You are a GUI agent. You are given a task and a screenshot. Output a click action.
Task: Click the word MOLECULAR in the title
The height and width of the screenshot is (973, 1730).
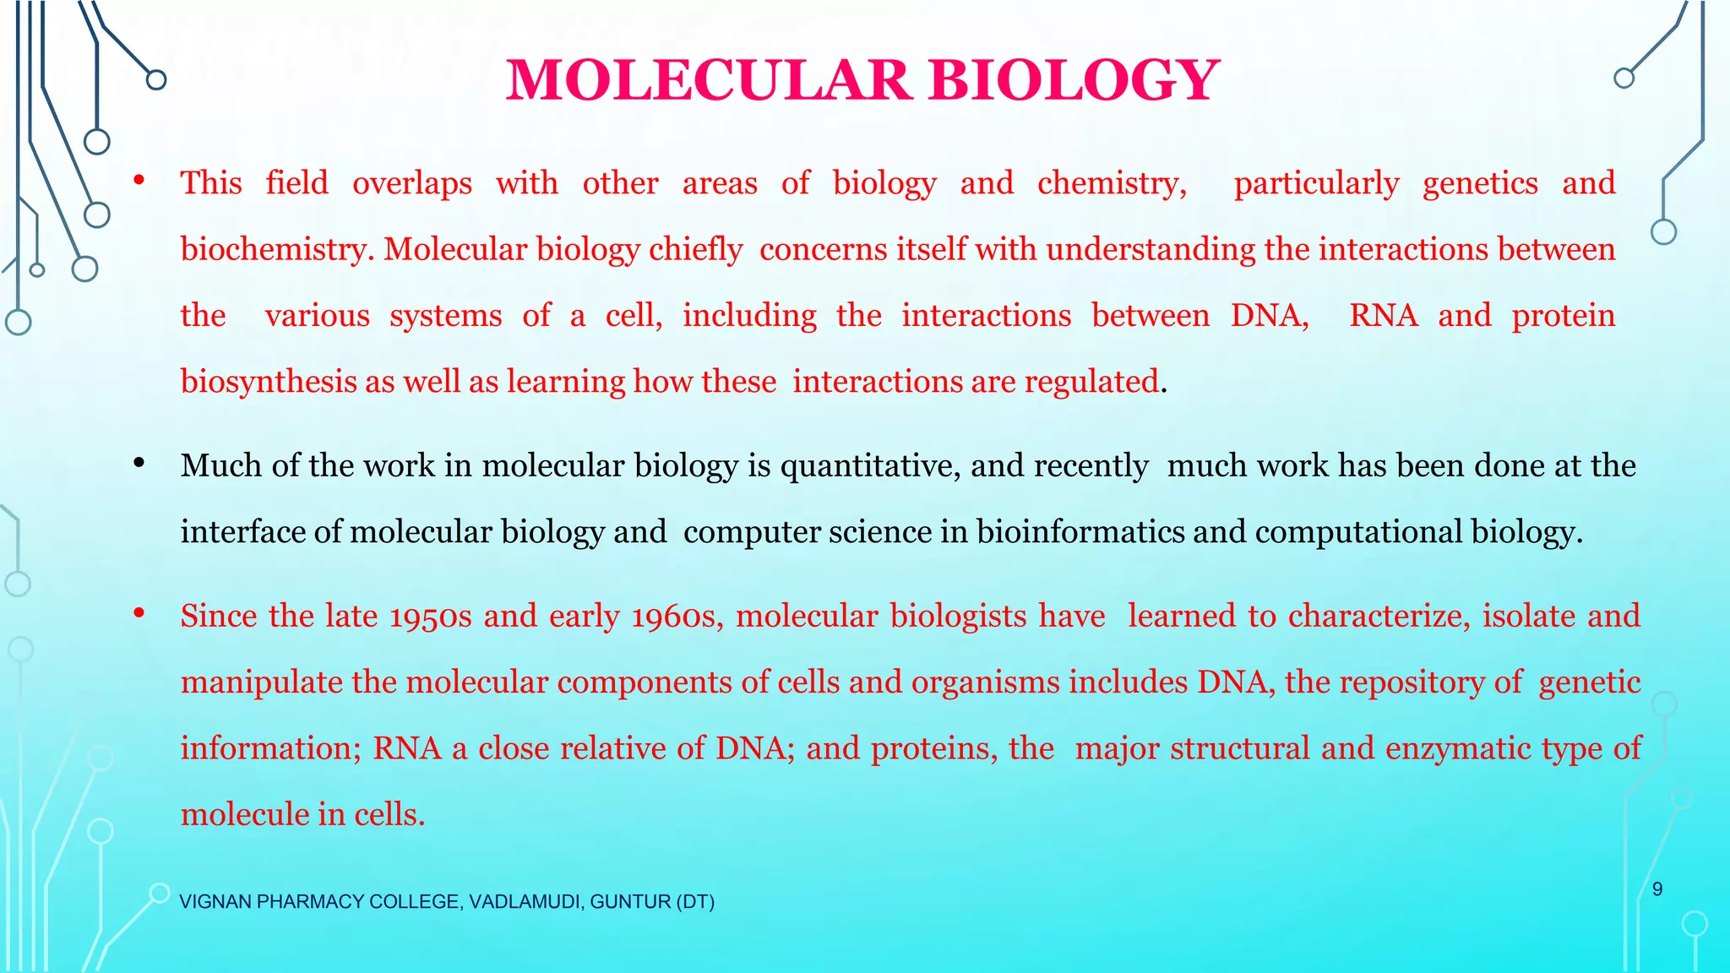click(708, 81)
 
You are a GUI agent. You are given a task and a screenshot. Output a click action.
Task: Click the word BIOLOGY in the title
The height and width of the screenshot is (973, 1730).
click(1074, 81)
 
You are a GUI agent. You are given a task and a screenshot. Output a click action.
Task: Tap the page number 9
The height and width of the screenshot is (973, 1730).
click(1657, 889)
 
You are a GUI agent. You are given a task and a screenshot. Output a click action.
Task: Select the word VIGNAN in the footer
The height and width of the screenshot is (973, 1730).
click(215, 902)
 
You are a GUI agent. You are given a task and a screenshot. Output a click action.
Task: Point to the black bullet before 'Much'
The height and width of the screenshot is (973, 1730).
click(139, 463)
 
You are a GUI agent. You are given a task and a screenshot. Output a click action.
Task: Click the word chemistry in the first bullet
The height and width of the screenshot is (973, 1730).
click(1112, 183)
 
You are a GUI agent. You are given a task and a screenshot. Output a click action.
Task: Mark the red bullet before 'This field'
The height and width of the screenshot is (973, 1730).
click(139, 180)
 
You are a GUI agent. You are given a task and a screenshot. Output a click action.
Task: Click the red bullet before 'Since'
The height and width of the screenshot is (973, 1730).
click(139, 613)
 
